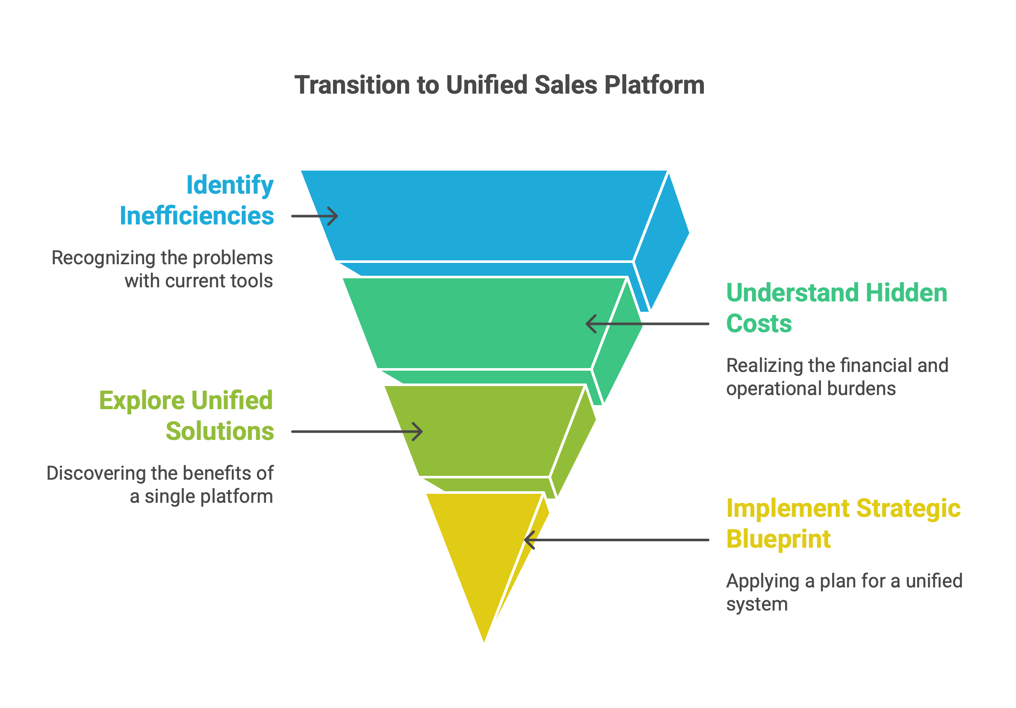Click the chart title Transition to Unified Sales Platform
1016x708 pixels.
499,85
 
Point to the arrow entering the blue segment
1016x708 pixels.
315,216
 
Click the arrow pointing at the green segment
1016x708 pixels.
647,324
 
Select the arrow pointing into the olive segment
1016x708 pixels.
357,432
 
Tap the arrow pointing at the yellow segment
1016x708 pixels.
617,540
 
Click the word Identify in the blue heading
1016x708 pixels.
230,186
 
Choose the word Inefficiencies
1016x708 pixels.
197,216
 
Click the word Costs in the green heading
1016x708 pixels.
759,324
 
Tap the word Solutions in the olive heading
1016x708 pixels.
220,431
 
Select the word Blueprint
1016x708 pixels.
779,540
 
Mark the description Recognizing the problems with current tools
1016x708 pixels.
162,269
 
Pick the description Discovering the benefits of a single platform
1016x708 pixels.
160,485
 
